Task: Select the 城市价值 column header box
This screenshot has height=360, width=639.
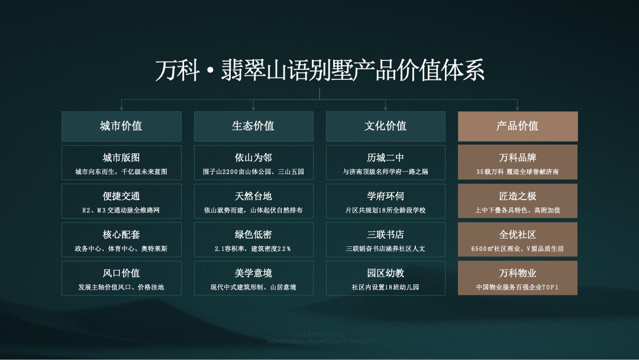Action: point(121,126)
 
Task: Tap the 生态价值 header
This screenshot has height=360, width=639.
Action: point(253,126)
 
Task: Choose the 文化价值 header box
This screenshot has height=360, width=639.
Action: point(385,126)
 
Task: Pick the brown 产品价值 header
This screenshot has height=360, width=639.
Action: point(518,126)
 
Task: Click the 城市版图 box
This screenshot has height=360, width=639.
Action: point(121,163)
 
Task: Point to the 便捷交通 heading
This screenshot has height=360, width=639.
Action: point(121,196)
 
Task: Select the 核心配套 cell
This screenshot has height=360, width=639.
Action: point(121,240)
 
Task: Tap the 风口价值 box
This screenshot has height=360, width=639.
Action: point(121,278)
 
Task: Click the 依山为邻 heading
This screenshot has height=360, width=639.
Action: point(253,157)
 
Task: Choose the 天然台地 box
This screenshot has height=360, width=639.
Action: point(253,201)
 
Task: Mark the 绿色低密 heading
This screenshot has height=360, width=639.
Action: point(253,234)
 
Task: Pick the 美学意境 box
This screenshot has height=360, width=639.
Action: point(253,278)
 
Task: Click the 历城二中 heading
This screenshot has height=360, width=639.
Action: point(385,157)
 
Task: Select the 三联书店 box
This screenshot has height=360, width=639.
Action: point(385,240)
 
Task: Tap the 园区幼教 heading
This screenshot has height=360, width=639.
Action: point(385,273)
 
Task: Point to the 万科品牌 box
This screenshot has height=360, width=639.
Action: point(518,163)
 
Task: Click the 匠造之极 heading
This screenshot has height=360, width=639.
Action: point(518,196)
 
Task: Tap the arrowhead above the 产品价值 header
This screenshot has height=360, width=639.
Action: point(518,108)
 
